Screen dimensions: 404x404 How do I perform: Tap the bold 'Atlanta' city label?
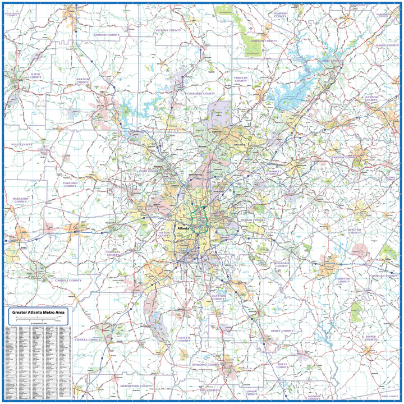(x=183, y=229)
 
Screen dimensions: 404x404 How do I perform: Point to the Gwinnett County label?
(x=272, y=172)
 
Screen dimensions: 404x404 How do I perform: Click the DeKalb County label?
(x=252, y=221)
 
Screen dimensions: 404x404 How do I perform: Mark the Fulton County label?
(x=164, y=233)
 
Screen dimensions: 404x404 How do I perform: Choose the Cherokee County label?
(x=200, y=93)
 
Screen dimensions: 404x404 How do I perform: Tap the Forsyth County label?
(x=241, y=80)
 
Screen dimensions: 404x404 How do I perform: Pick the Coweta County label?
(x=88, y=339)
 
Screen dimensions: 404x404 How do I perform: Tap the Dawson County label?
(x=264, y=41)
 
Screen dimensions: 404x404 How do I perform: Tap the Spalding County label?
(x=205, y=365)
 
